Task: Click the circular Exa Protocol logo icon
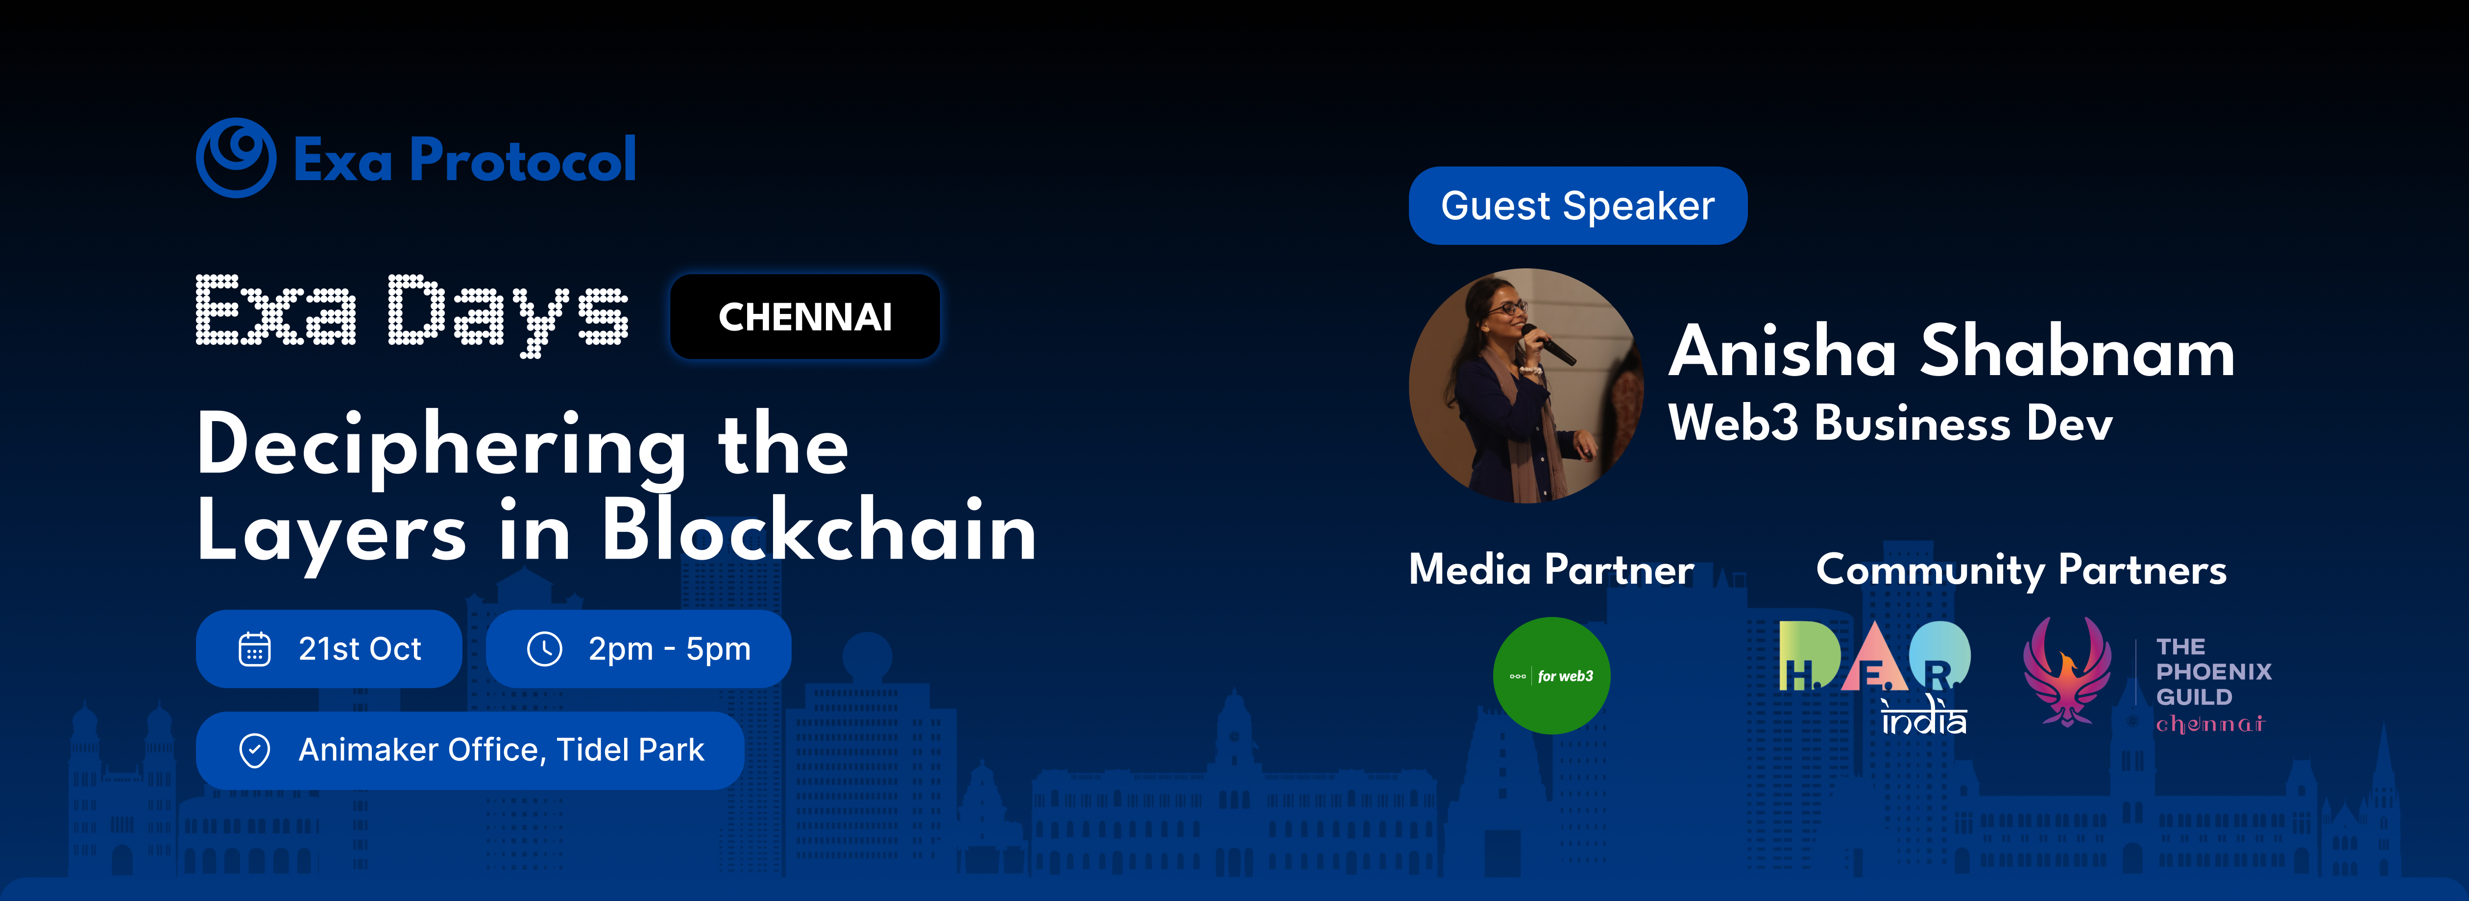point(236,158)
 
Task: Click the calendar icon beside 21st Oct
point(254,649)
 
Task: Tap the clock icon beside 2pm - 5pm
point(544,649)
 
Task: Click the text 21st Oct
point(360,649)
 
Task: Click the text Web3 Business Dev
point(1890,423)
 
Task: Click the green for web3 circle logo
point(1552,676)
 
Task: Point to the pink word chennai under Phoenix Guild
point(2210,724)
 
